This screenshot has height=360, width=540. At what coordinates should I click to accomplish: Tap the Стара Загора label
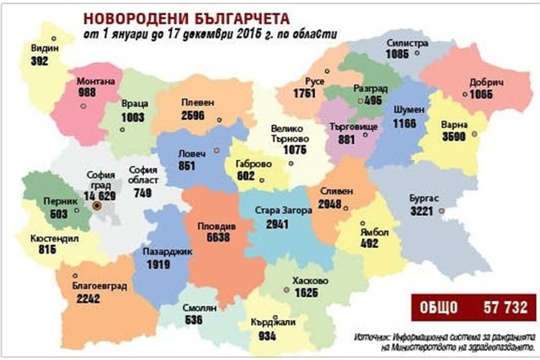[283, 209]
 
